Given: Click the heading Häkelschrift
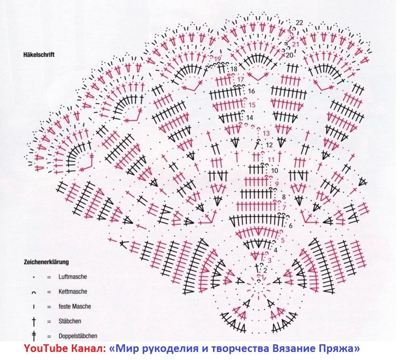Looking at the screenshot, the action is tap(39, 55).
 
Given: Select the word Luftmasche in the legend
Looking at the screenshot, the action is tap(73, 277).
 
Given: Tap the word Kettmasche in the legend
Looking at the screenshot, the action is tap(73, 292).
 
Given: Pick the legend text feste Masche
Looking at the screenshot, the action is tap(75, 306).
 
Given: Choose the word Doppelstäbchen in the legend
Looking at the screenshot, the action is tap(78, 336).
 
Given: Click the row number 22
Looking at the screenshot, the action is tap(299, 23).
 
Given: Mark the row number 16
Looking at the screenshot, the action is tap(252, 91).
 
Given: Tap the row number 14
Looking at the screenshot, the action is tap(250, 118).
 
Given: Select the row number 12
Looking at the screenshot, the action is tap(269, 145).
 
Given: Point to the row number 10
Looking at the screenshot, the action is tap(275, 171).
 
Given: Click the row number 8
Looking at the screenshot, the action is tap(284, 197).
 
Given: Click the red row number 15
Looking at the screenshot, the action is tap(252, 105).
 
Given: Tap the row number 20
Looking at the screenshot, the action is tap(289, 55).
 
